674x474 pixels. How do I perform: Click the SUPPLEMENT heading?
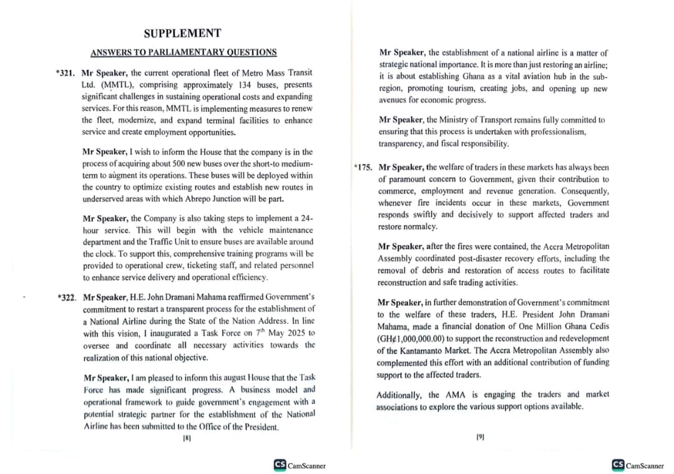182,33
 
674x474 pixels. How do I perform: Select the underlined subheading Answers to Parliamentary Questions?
183,52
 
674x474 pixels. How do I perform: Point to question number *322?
67,297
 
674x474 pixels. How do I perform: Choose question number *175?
364,168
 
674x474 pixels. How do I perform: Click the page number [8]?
187,438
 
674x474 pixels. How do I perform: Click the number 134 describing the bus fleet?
245,85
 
